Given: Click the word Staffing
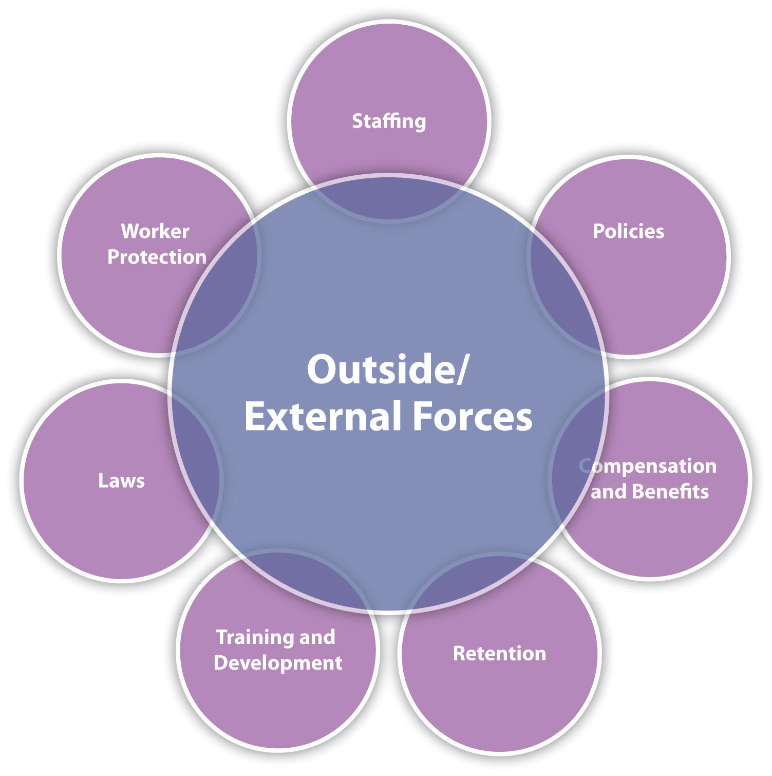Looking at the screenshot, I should [x=389, y=121].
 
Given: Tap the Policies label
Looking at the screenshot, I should [x=628, y=231].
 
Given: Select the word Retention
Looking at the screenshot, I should [x=499, y=653].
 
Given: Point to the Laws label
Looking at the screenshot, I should [x=121, y=481].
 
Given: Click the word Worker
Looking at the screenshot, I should [x=155, y=231].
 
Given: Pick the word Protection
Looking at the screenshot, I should [x=157, y=257].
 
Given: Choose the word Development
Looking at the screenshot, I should [x=278, y=663].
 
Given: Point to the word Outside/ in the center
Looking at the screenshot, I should [x=388, y=370].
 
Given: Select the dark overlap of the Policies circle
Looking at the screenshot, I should [x=560, y=298].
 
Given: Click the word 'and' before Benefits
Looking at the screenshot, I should [x=609, y=492].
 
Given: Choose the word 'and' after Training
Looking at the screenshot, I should [x=317, y=637].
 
